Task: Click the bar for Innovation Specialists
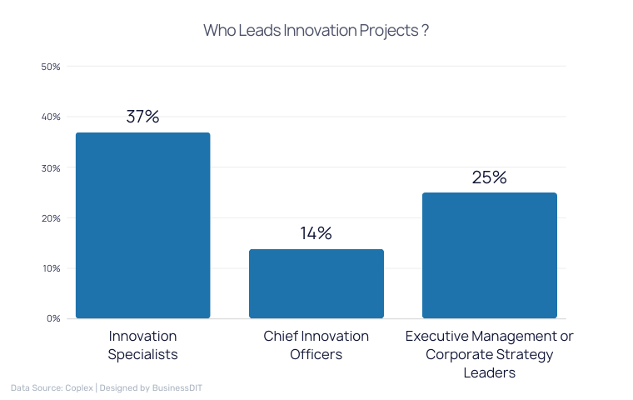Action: tap(142, 225)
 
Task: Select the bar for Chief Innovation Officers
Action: tap(316, 283)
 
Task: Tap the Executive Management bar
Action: tap(489, 255)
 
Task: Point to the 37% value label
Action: tap(142, 117)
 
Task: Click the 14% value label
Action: tap(316, 233)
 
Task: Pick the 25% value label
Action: tap(489, 177)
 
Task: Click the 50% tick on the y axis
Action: tap(51, 66)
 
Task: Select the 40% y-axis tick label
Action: tap(51, 117)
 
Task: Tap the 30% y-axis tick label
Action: tap(51, 167)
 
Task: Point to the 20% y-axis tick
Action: tap(51, 218)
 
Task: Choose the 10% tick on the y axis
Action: tap(51, 268)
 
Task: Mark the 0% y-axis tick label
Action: tap(53, 318)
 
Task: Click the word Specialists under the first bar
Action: tap(142, 354)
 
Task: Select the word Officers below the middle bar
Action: tap(316, 354)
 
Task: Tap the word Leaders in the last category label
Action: tap(489, 372)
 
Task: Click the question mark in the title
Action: tap(425, 31)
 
